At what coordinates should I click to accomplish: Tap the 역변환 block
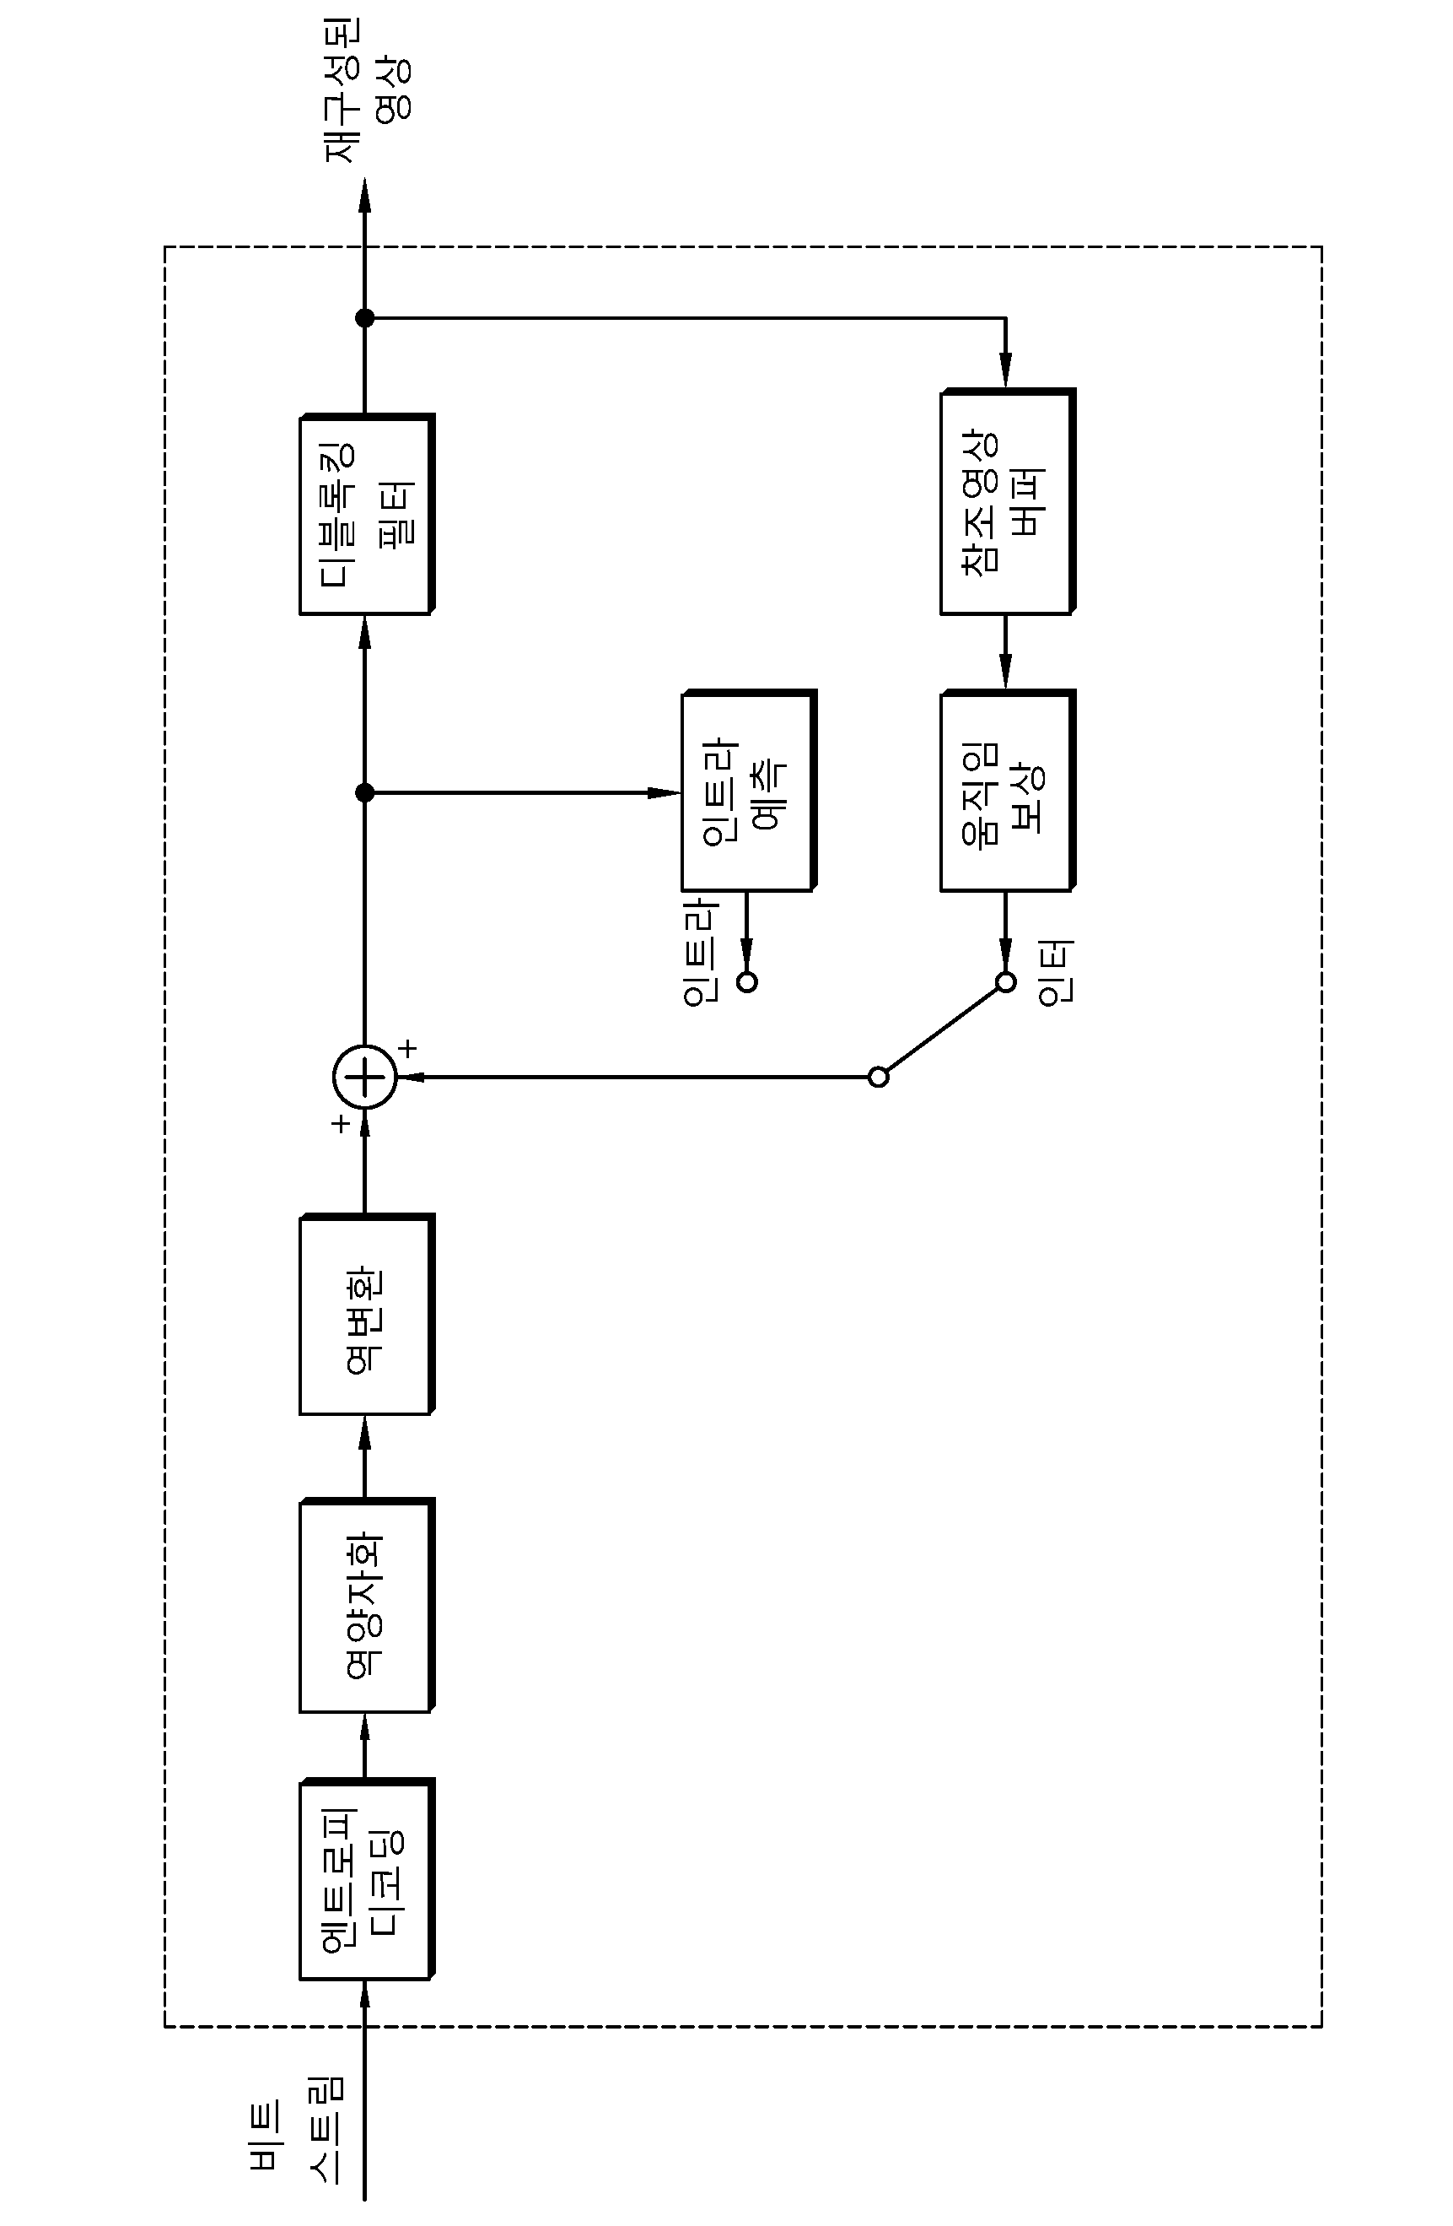367,1315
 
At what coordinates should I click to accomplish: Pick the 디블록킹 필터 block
367,514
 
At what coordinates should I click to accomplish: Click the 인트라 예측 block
749,791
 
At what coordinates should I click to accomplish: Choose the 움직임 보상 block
1008,791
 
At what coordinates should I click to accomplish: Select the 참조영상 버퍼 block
1008,501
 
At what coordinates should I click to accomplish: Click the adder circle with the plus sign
364,1077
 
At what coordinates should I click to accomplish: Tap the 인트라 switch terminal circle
746,982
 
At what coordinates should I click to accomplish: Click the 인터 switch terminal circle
1005,982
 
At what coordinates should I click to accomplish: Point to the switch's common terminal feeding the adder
878,1077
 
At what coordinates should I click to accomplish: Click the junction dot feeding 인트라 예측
364,792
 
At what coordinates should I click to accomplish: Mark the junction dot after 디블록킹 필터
364,318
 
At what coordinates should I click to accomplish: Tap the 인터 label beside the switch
1056,973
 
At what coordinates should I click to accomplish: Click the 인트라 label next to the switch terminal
700,954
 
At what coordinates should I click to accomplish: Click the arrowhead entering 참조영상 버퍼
1005,370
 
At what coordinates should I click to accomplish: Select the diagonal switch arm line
942,1029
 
